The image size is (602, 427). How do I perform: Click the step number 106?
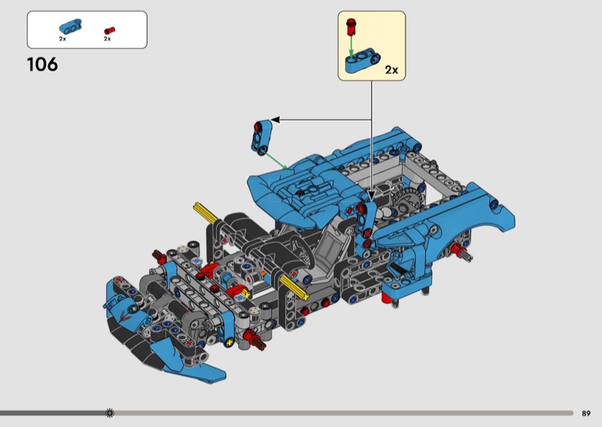coord(42,65)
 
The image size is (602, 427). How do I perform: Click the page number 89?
coord(586,413)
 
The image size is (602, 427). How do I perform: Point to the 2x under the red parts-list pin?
coord(108,39)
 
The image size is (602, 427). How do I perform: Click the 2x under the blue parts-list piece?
coord(63,38)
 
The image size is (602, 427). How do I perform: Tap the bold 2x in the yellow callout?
coord(391,70)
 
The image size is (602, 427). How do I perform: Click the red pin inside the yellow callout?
coord(350,28)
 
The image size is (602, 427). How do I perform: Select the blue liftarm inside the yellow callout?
coord(360,62)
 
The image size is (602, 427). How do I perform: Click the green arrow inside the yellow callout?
coord(350,46)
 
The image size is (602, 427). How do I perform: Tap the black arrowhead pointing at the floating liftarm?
coord(275,119)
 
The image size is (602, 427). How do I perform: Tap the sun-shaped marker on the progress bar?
coord(110,413)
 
